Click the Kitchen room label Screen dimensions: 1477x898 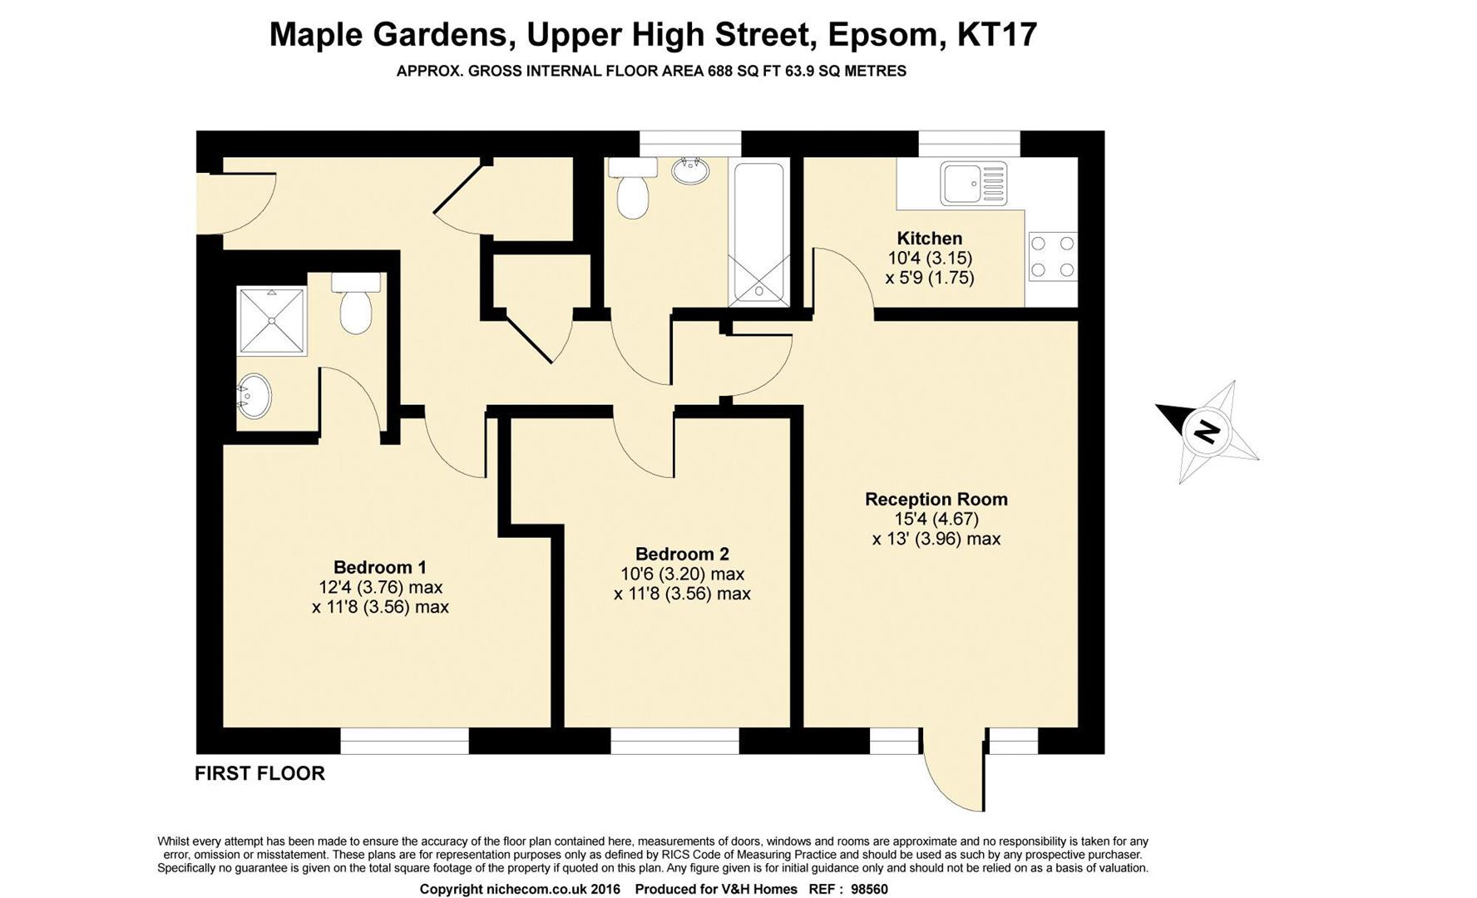929,239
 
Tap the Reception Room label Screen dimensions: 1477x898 936,500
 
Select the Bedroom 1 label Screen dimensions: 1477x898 380,567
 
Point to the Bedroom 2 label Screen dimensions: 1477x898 682,554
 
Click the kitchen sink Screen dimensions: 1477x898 973,184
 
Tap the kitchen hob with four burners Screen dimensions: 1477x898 1052,256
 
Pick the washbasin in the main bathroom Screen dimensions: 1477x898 690,170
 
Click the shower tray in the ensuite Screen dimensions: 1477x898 272,320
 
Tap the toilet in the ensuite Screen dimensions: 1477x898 356,303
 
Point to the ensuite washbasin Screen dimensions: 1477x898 254,397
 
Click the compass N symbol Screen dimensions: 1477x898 1205,432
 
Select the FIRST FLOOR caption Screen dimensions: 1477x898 259,774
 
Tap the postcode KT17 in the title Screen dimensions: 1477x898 997,35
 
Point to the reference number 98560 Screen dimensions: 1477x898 869,889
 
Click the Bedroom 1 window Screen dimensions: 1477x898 405,741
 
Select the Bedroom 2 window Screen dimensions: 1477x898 674,741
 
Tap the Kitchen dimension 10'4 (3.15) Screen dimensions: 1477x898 930,259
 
